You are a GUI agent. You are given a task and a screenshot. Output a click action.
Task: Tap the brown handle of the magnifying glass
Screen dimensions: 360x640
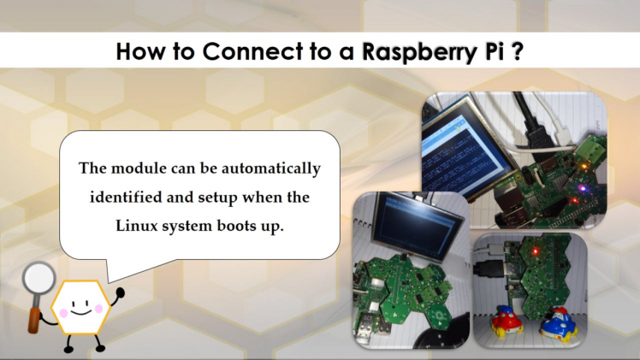[x=35, y=321]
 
